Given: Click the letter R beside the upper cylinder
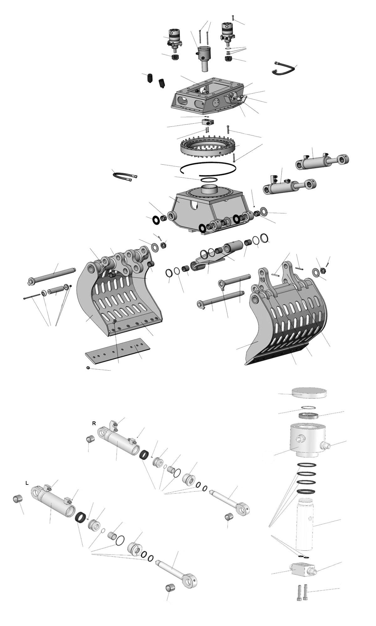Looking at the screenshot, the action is tap(94, 423).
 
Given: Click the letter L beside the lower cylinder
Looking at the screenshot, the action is tap(27, 483).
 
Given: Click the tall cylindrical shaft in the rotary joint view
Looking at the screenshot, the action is tap(304, 524).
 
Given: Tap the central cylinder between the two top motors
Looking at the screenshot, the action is tap(204, 58).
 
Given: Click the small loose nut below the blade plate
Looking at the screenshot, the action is tap(88, 367).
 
